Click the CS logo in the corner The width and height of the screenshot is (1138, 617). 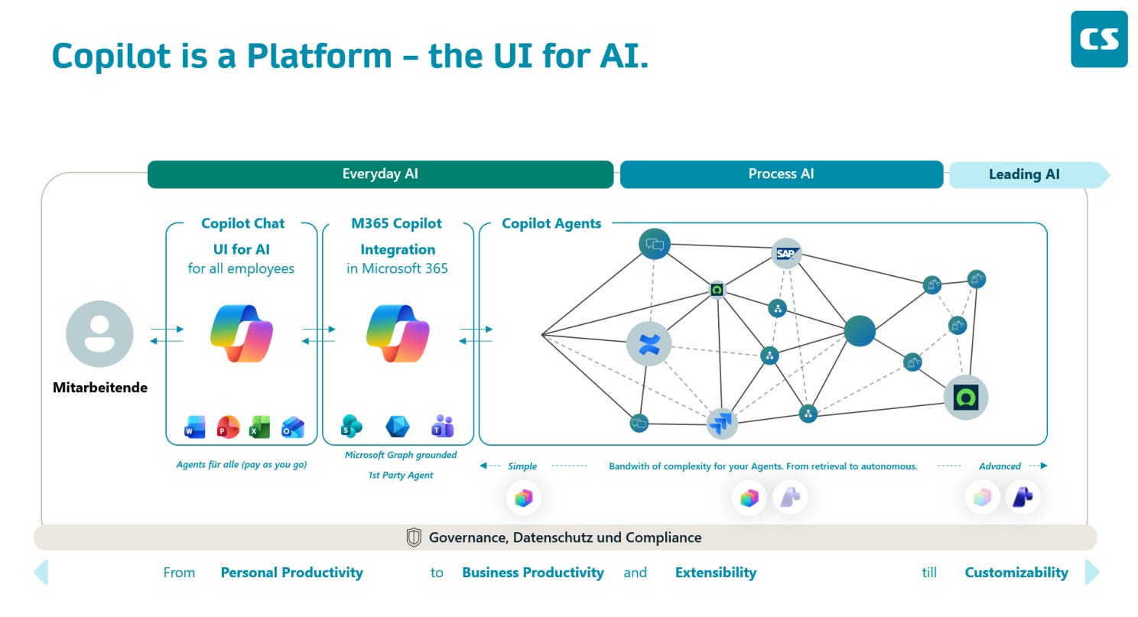1099,39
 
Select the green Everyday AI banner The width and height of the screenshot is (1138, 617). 381,174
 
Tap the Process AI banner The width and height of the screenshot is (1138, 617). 782,174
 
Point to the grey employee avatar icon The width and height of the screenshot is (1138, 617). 99,333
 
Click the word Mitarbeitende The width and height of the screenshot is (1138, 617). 100,388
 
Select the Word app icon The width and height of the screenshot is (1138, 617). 194,427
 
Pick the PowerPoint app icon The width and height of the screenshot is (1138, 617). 228,427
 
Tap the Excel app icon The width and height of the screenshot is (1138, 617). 260,427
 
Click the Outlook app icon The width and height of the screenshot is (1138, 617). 293,427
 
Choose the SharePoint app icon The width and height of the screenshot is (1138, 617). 351,426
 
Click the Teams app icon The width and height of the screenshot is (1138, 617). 443,426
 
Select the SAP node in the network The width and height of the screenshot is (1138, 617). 786,253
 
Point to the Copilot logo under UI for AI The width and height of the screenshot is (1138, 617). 242,333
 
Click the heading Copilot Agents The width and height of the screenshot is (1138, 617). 551,223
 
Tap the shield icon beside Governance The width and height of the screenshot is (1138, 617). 414,537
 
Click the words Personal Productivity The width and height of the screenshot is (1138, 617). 291,573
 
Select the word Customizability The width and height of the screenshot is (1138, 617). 1016,573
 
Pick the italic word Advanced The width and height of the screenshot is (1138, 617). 1000,466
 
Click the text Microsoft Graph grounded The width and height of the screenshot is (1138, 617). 401,455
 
